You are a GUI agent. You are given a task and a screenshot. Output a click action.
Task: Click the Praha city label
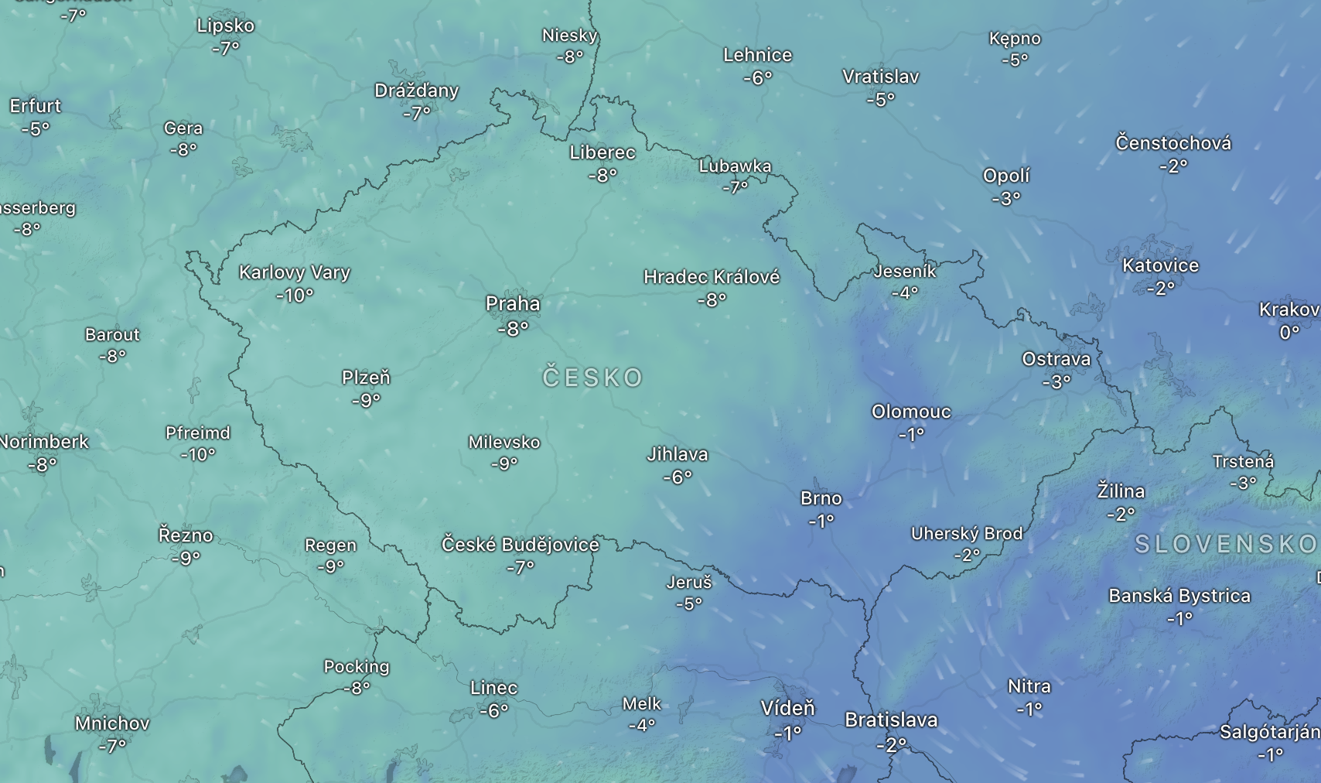tap(513, 304)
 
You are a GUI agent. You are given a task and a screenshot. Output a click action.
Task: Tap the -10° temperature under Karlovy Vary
tap(295, 295)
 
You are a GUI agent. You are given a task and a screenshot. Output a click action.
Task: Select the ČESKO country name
tap(592, 378)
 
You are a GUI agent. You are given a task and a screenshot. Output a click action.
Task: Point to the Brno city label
tap(821, 498)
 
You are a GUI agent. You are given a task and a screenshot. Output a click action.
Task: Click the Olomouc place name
tap(911, 412)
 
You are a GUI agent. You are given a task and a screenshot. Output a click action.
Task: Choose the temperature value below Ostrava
tap(1056, 381)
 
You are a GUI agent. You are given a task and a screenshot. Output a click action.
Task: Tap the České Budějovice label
tap(520, 545)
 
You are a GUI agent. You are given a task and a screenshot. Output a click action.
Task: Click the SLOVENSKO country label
tap(1226, 545)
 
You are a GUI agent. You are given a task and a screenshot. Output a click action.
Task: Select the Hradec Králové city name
tap(712, 277)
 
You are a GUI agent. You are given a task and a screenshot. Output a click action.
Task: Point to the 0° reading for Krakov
tap(1289, 333)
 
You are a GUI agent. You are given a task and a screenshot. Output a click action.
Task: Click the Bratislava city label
tap(891, 720)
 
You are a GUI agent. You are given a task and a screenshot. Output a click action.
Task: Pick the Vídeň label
tap(787, 708)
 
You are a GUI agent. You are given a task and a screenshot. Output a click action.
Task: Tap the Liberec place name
tap(602, 152)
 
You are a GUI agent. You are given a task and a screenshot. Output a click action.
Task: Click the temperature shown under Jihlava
tap(677, 477)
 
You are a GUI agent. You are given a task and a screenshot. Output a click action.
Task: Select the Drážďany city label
tap(416, 91)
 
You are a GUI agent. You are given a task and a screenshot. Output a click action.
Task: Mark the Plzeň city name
tap(366, 378)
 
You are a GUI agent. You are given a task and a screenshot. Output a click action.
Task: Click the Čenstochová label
tap(1173, 143)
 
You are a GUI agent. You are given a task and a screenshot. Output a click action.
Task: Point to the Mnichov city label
tap(112, 723)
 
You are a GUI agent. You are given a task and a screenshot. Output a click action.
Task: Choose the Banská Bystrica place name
tap(1179, 596)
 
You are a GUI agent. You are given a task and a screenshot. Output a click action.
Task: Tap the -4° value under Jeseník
tap(904, 293)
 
